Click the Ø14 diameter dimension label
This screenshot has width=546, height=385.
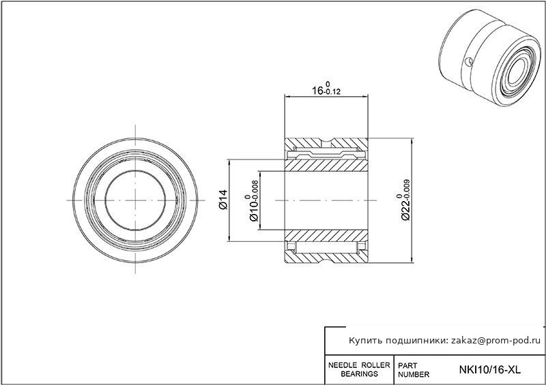coord(223,199)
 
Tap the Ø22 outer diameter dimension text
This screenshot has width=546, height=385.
coord(405,209)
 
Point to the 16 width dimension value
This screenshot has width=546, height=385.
coord(317,91)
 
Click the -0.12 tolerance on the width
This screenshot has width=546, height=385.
coord(332,92)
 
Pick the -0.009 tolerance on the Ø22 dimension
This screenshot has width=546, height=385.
coord(407,188)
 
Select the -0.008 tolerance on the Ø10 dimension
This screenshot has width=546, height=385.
coord(255,189)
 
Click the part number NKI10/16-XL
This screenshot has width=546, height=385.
coord(490,369)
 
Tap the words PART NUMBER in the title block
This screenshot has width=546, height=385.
coord(414,370)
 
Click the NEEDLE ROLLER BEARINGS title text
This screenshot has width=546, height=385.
coord(360,369)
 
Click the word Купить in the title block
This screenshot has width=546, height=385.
coord(364,341)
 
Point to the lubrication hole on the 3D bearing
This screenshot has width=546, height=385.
coord(469,61)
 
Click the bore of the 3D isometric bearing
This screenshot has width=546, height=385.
coord(517,72)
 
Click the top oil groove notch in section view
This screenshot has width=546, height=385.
coord(326,142)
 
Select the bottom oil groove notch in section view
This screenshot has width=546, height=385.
coord(326,259)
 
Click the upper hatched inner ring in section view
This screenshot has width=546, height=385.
coord(326,165)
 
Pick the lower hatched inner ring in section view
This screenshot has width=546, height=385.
coord(326,236)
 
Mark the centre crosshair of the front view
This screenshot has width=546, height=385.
coord(135,200)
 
